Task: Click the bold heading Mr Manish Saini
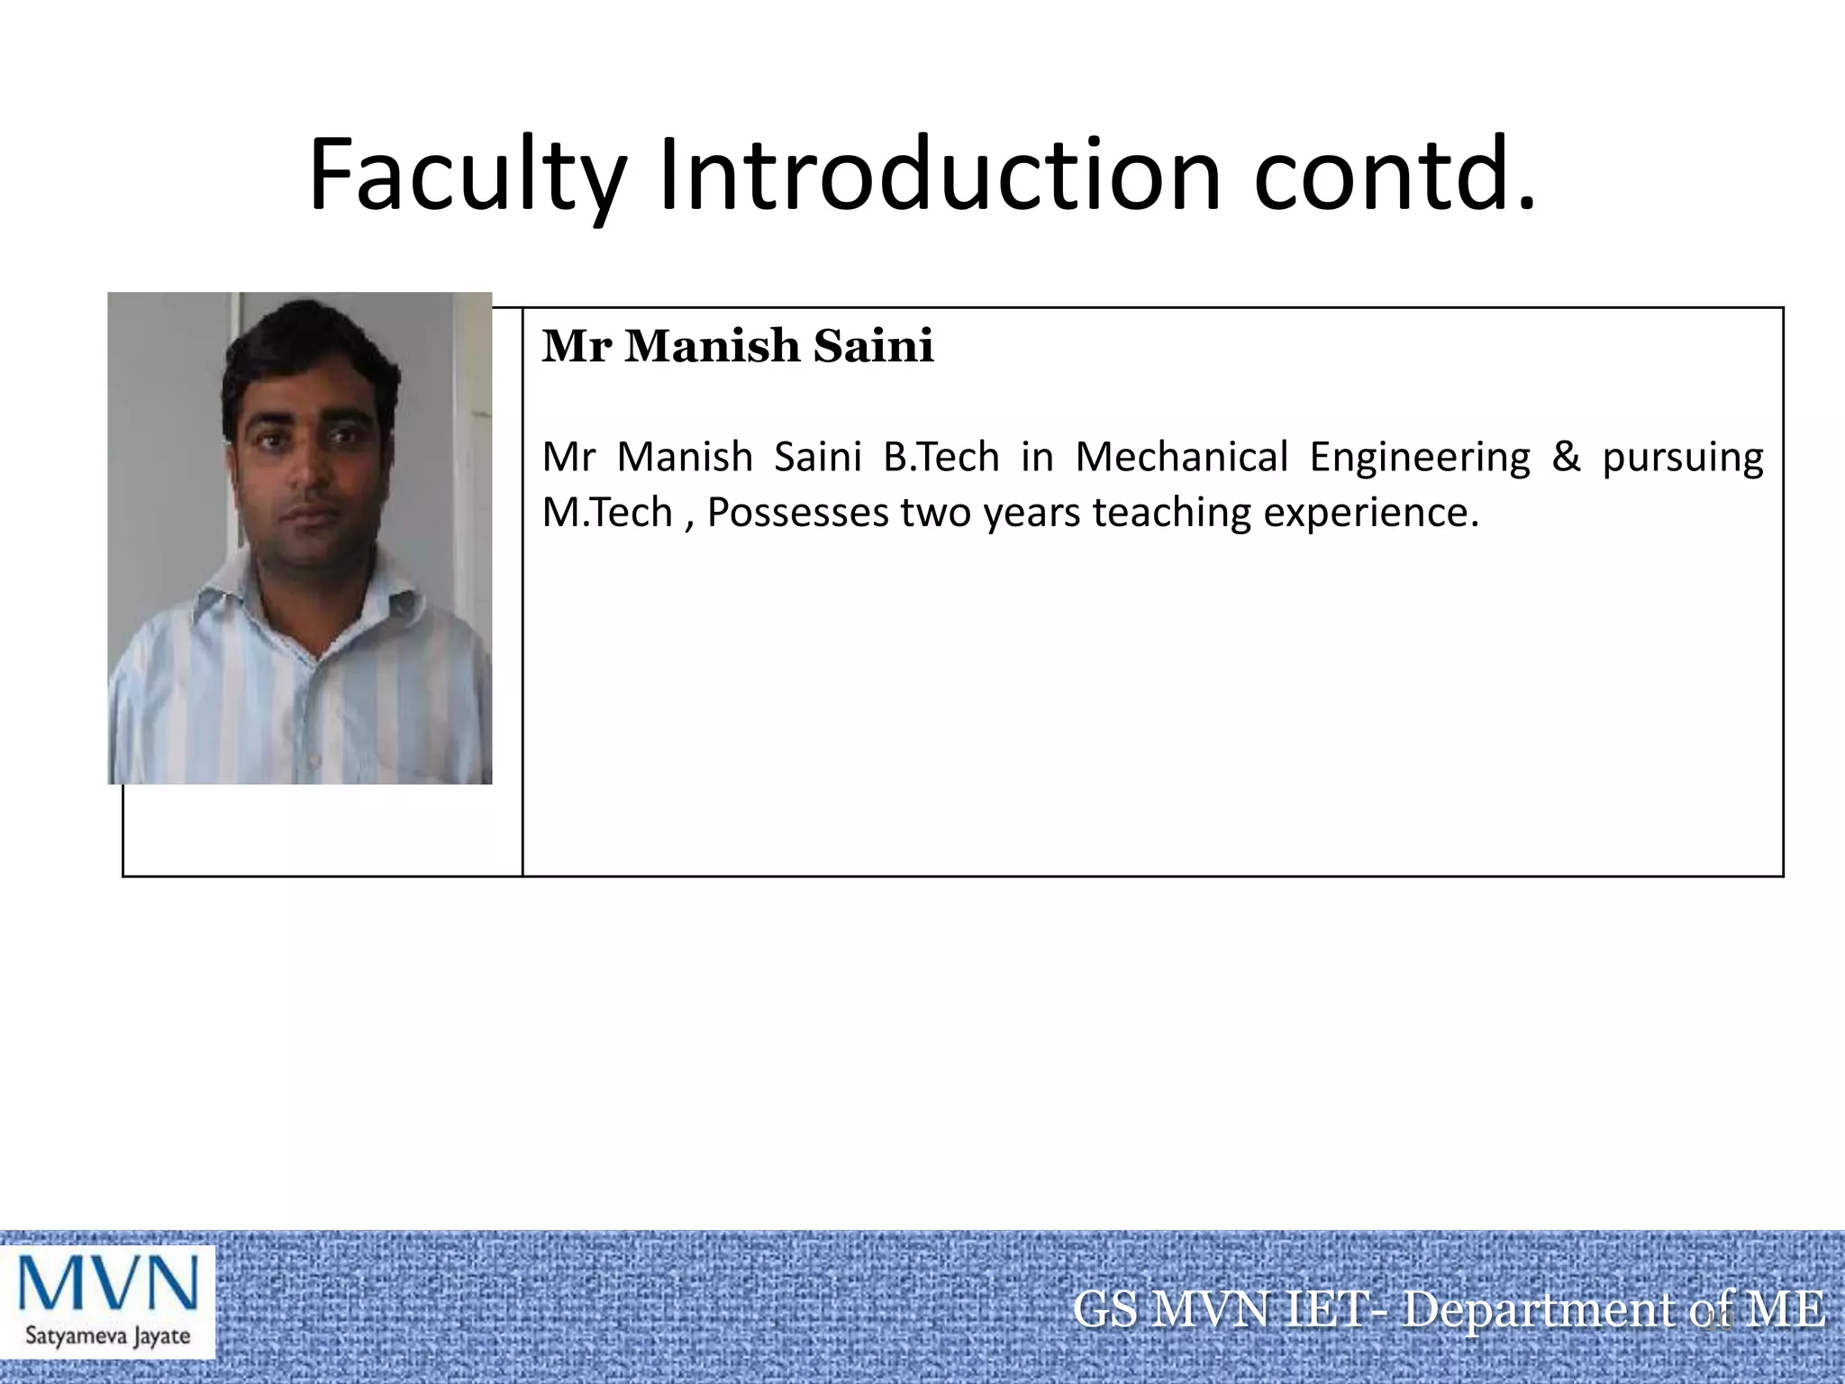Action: (737, 346)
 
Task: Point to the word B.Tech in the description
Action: (941, 457)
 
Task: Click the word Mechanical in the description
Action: (1181, 457)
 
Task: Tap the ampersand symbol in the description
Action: (1566, 457)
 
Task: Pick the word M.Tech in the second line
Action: (607, 513)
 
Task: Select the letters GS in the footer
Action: (1105, 1309)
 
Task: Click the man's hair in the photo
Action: (306, 351)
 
